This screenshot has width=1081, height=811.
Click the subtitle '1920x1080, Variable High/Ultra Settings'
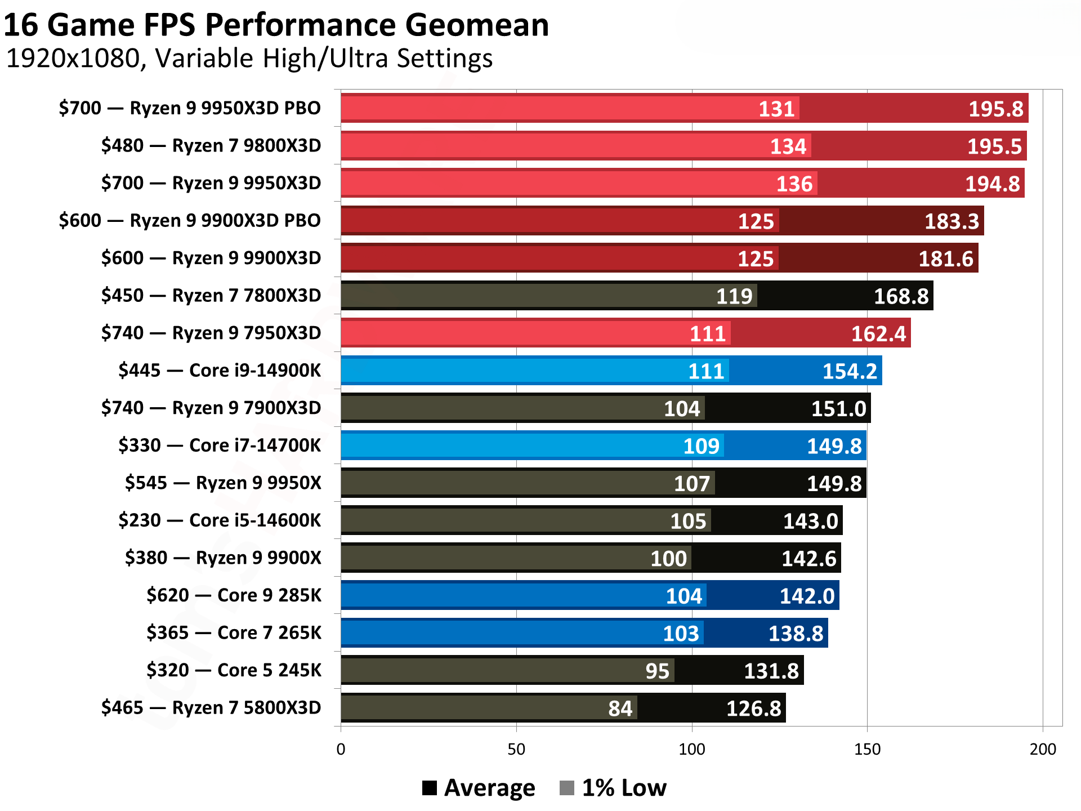click(249, 59)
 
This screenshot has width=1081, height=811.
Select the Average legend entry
click(479, 787)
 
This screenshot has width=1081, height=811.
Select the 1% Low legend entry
click(613, 787)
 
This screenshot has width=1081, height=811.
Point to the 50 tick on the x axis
click(516, 749)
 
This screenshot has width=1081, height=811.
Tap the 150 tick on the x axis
click(867, 749)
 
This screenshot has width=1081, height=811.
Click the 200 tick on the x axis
click(1043, 749)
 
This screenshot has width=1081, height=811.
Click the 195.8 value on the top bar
click(995, 109)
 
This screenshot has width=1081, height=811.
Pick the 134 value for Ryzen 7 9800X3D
click(788, 146)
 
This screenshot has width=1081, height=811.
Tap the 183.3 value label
click(952, 221)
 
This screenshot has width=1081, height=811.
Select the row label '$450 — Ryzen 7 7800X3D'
click(211, 295)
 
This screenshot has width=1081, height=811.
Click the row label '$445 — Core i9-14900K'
click(220, 370)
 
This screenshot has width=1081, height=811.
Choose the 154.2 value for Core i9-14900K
click(850, 371)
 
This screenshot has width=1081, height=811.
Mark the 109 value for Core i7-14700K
click(701, 446)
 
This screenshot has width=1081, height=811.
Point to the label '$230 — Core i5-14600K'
click(220, 520)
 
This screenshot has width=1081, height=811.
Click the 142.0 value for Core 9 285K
click(807, 596)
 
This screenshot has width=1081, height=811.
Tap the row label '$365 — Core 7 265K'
click(234, 632)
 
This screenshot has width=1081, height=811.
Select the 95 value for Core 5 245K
click(657, 671)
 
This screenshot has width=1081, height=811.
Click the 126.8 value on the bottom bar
click(753, 708)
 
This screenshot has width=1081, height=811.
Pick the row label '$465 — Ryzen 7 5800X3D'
click(211, 707)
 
